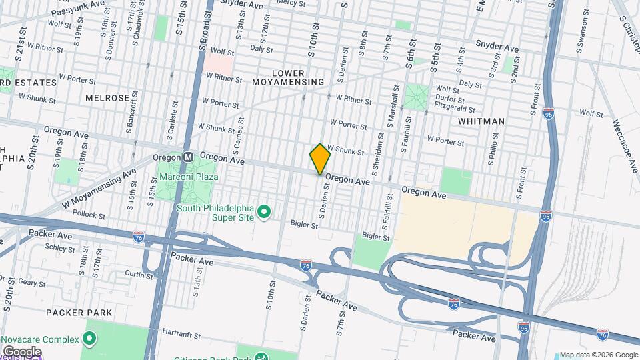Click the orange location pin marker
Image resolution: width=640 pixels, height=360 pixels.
pyautogui.click(x=320, y=159)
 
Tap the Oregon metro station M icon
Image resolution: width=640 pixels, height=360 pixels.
pyautogui.click(x=189, y=157)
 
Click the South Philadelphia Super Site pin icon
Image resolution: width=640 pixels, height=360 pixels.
pyautogui.click(x=264, y=212)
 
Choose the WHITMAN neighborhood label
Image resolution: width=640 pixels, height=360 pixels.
pyautogui.click(x=481, y=121)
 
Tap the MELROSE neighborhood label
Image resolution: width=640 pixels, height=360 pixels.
pyautogui.click(x=107, y=98)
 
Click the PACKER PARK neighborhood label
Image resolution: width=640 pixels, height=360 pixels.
pyautogui.click(x=73, y=312)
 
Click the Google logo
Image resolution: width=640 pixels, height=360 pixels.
pyautogui.click(x=21, y=351)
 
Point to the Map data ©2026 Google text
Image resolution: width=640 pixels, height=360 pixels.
pyautogui.click(x=598, y=355)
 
